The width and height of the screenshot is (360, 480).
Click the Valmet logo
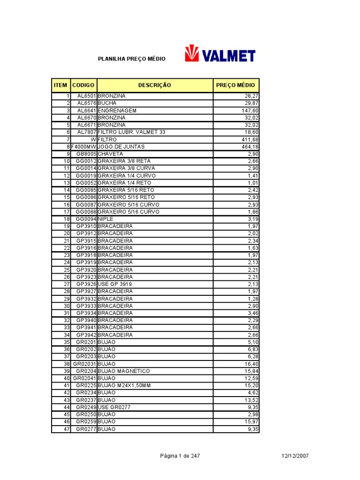[x=220, y=54]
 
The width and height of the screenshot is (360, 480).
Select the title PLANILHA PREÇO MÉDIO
[x=131, y=59]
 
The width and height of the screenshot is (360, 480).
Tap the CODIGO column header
[x=83, y=85]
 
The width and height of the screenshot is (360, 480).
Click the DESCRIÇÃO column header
[x=154, y=85]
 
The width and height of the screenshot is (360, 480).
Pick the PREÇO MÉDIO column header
[x=236, y=85]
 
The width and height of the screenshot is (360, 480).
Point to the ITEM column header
[x=60, y=85]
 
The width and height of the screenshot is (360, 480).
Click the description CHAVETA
[x=110, y=154]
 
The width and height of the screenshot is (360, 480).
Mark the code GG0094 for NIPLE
[x=86, y=219]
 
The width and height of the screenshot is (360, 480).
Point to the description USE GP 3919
[x=114, y=284]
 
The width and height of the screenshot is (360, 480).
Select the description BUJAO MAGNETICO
[x=123, y=371]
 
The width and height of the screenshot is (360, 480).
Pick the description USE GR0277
[x=114, y=407]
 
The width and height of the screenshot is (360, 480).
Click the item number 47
[x=67, y=429]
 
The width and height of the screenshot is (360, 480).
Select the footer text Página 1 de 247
[x=180, y=456]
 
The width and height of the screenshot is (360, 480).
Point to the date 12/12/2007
[x=295, y=456]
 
